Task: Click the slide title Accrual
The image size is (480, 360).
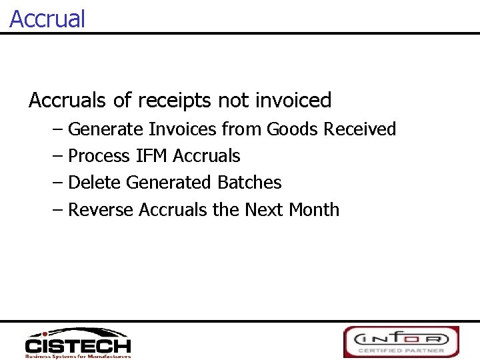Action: coord(47,18)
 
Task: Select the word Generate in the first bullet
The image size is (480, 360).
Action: coord(106,129)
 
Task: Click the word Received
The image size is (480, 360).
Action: coord(360,129)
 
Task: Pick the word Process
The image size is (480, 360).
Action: coord(99,156)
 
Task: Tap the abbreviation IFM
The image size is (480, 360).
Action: coord(151,156)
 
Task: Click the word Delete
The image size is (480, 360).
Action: coord(95,183)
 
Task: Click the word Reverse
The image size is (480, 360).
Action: coord(101,209)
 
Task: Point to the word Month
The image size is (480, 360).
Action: coord(314,209)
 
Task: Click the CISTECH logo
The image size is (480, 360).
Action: coord(78,343)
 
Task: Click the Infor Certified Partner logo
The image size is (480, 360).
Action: coord(401,341)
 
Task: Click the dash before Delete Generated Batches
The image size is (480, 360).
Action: coord(57,183)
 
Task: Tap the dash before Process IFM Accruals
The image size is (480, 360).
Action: coord(57,156)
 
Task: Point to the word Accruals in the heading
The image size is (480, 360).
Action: coord(67,101)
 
